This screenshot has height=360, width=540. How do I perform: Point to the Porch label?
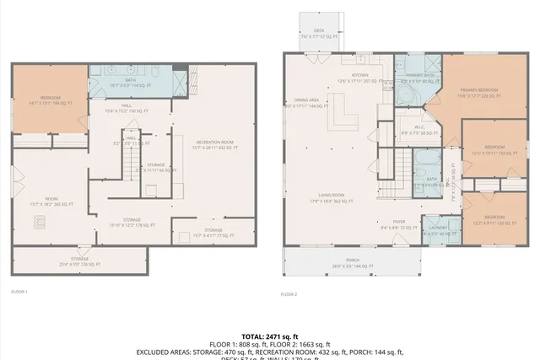coord(351,262)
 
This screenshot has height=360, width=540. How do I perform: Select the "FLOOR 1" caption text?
coord(19,292)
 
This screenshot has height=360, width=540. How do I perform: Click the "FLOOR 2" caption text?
coord(289,293)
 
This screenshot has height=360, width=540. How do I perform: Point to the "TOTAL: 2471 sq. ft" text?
coord(269,336)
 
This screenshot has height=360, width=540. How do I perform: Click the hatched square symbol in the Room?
coord(39,223)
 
